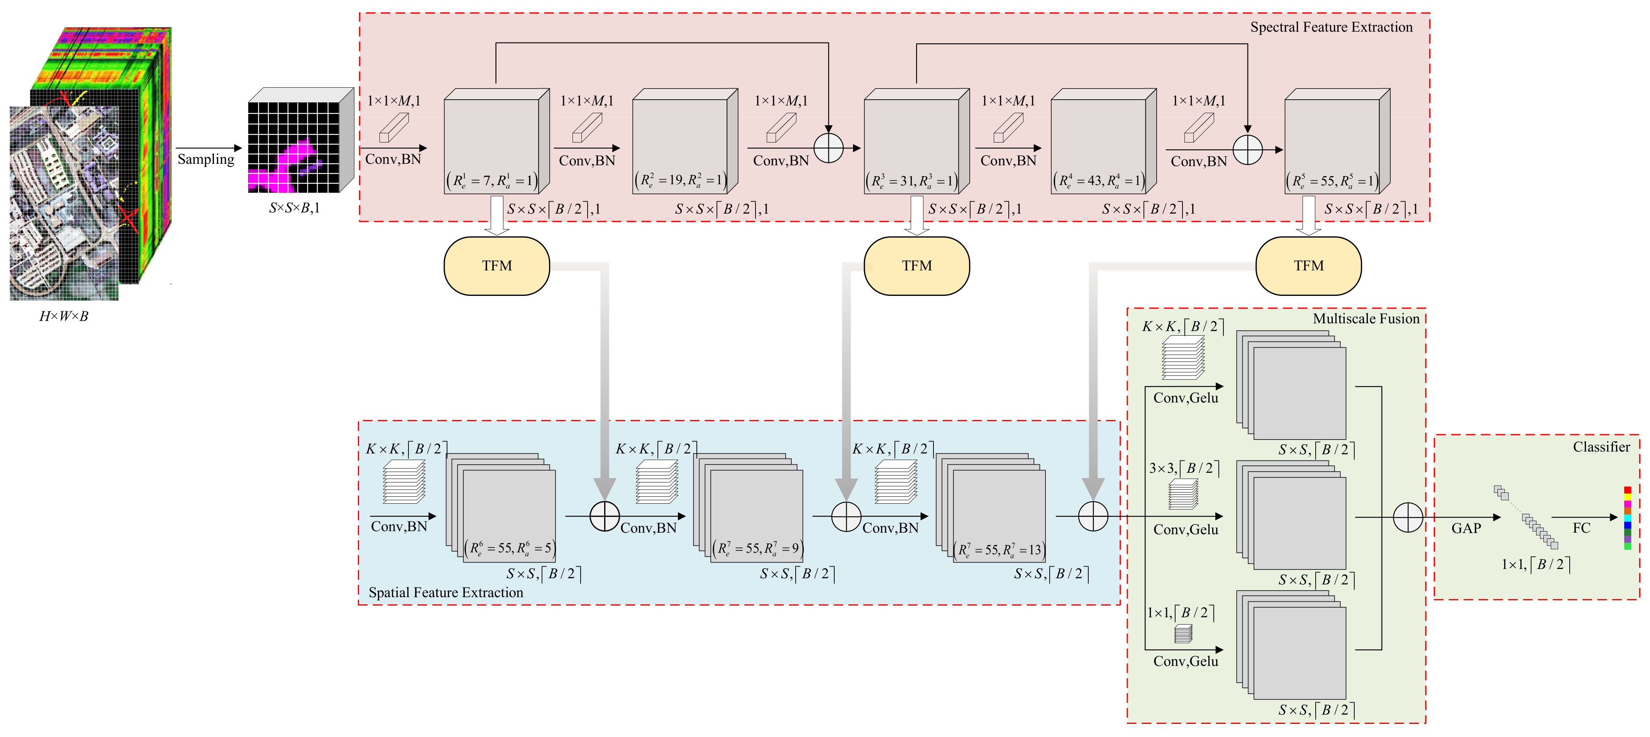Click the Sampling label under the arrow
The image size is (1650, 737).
pos(206,159)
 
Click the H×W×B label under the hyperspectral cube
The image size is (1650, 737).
pos(63,316)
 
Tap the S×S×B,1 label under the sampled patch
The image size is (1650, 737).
pos(294,208)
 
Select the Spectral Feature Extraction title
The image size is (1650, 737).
pos(1331,27)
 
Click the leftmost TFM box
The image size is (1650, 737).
pos(496,265)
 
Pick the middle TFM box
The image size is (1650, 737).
pos(916,265)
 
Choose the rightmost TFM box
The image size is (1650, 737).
pos(1308,265)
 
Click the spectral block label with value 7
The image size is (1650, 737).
pos(492,181)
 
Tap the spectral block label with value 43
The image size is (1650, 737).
pos(1098,181)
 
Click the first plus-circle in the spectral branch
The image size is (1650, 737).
pos(828,149)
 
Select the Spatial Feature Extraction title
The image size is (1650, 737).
pos(446,592)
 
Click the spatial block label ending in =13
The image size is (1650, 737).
pos(999,549)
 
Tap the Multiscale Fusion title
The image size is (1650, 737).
pos(1365,319)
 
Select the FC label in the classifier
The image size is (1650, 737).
pos(1581,528)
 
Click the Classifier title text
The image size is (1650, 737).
pos(1601,447)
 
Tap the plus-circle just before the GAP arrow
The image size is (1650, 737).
pos(1408,517)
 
